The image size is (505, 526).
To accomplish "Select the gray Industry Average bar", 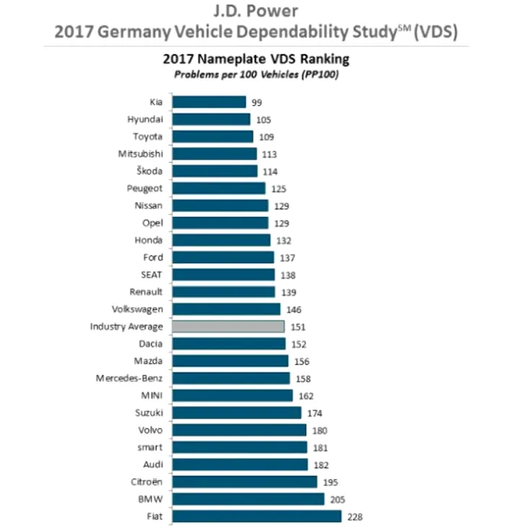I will [x=227, y=327].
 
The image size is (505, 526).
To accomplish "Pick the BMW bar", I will [x=247, y=499].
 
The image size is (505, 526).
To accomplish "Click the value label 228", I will [x=354, y=517].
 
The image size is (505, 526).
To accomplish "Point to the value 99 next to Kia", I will [x=257, y=102].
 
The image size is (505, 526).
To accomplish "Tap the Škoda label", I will [x=149, y=171].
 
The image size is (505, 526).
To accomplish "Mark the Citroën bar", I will [x=244, y=482].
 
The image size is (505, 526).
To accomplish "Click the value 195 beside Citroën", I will [x=330, y=482].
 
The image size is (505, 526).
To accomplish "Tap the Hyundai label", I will [x=145, y=119].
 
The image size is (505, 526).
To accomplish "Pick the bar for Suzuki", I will [x=236, y=413].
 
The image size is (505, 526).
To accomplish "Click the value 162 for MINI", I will [x=307, y=395].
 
